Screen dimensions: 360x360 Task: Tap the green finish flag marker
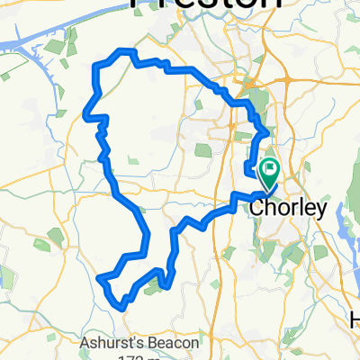tap(269, 168)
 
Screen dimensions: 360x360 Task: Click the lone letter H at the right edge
tap(354, 320)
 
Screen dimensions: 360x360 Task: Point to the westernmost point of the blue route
tap(85, 113)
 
